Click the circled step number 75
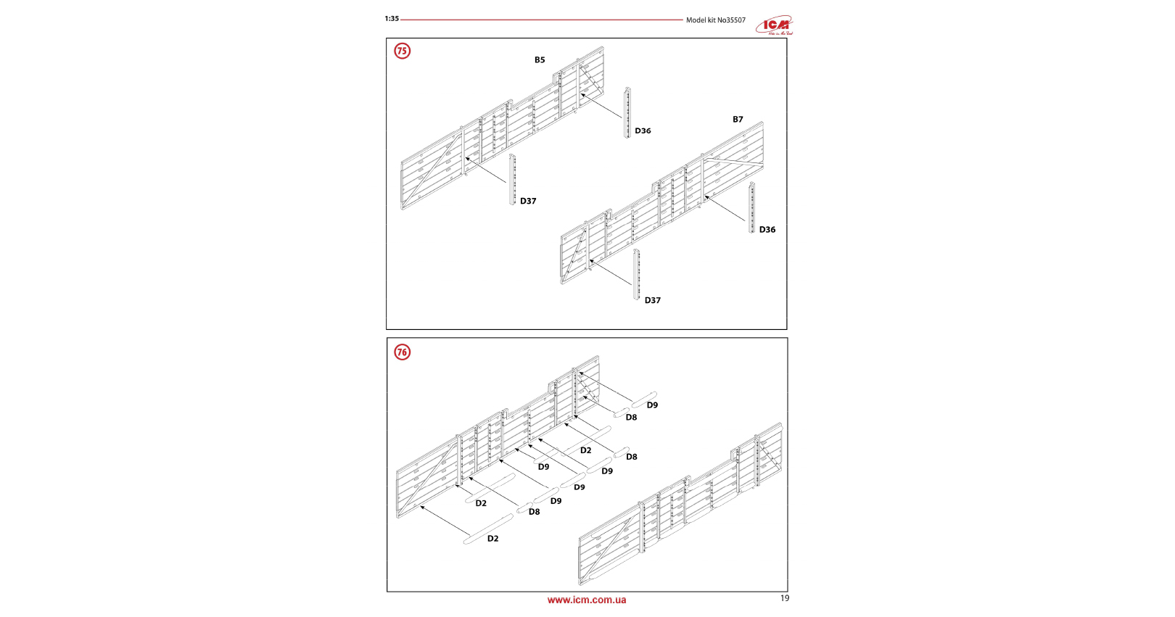pyautogui.click(x=402, y=51)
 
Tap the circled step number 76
pyautogui.click(x=402, y=352)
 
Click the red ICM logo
pyautogui.click(x=775, y=26)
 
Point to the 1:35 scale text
pyautogui.click(x=392, y=19)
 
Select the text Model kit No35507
pyautogui.click(x=715, y=20)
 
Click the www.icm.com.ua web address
pyautogui.click(x=586, y=600)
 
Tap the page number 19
pyautogui.click(x=785, y=598)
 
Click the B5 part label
pyautogui.click(x=540, y=60)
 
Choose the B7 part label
pyautogui.click(x=738, y=120)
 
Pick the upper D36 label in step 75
pyautogui.click(x=643, y=131)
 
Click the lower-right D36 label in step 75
pyautogui.click(x=767, y=230)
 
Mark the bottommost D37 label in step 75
pyautogui.click(x=653, y=300)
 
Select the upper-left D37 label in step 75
pyautogui.click(x=528, y=202)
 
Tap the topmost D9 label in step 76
pyautogui.click(x=652, y=405)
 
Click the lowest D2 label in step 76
pyautogui.click(x=492, y=539)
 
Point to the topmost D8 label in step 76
pyautogui.click(x=631, y=418)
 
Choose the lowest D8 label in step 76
pyautogui.click(x=534, y=512)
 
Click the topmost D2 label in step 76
pyautogui.click(x=585, y=450)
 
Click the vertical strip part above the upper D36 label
pyautogui.click(x=628, y=112)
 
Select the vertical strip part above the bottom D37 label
pyautogui.click(x=637, y=274)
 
